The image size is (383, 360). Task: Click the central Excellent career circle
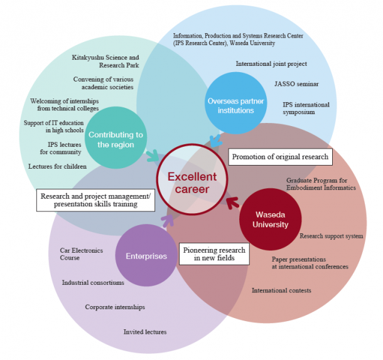coord(192,179)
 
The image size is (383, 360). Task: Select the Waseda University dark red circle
coord(271,219)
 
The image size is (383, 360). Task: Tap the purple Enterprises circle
coord(146,255)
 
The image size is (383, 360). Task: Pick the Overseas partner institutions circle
coord(235,103)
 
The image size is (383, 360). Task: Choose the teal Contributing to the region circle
coord(116,137)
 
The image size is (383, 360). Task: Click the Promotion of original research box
coord(280,157)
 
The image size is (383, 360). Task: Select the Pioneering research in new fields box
coord(214,254)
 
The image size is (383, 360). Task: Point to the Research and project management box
coord(95,200)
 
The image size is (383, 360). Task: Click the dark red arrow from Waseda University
coord(232,203)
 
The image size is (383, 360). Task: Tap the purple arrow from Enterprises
coord(168,221)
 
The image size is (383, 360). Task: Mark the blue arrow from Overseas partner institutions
coord(216,141)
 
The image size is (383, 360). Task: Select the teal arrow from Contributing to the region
coord(153,156)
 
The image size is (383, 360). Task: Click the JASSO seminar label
coord(296,84)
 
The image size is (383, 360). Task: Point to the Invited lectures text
coord(145,332)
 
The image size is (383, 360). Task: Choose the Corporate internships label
coord(115,307)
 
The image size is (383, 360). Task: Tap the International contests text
coord(281,290)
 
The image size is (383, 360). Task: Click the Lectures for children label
coord(57,166)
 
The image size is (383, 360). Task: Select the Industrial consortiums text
coord(93,283)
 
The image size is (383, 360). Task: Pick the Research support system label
coord(332,236)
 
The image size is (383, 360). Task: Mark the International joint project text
coord(271,64)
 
